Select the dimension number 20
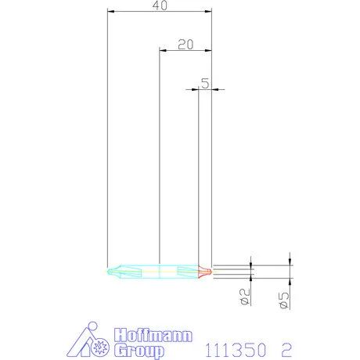click(x=185, y=44)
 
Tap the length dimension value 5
click(x=204, y=83)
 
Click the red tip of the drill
click(x=205, y=272)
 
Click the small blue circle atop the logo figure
click(x=92, y=326)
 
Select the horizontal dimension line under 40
click(x=159, y=12)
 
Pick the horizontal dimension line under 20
click(x=185, y=51)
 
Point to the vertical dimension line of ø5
click(x=290, y=270)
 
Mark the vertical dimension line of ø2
click(x=251, y=271)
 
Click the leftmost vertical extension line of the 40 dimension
click(x=107, y=141)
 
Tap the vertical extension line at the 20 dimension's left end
click(x=159, y=157)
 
